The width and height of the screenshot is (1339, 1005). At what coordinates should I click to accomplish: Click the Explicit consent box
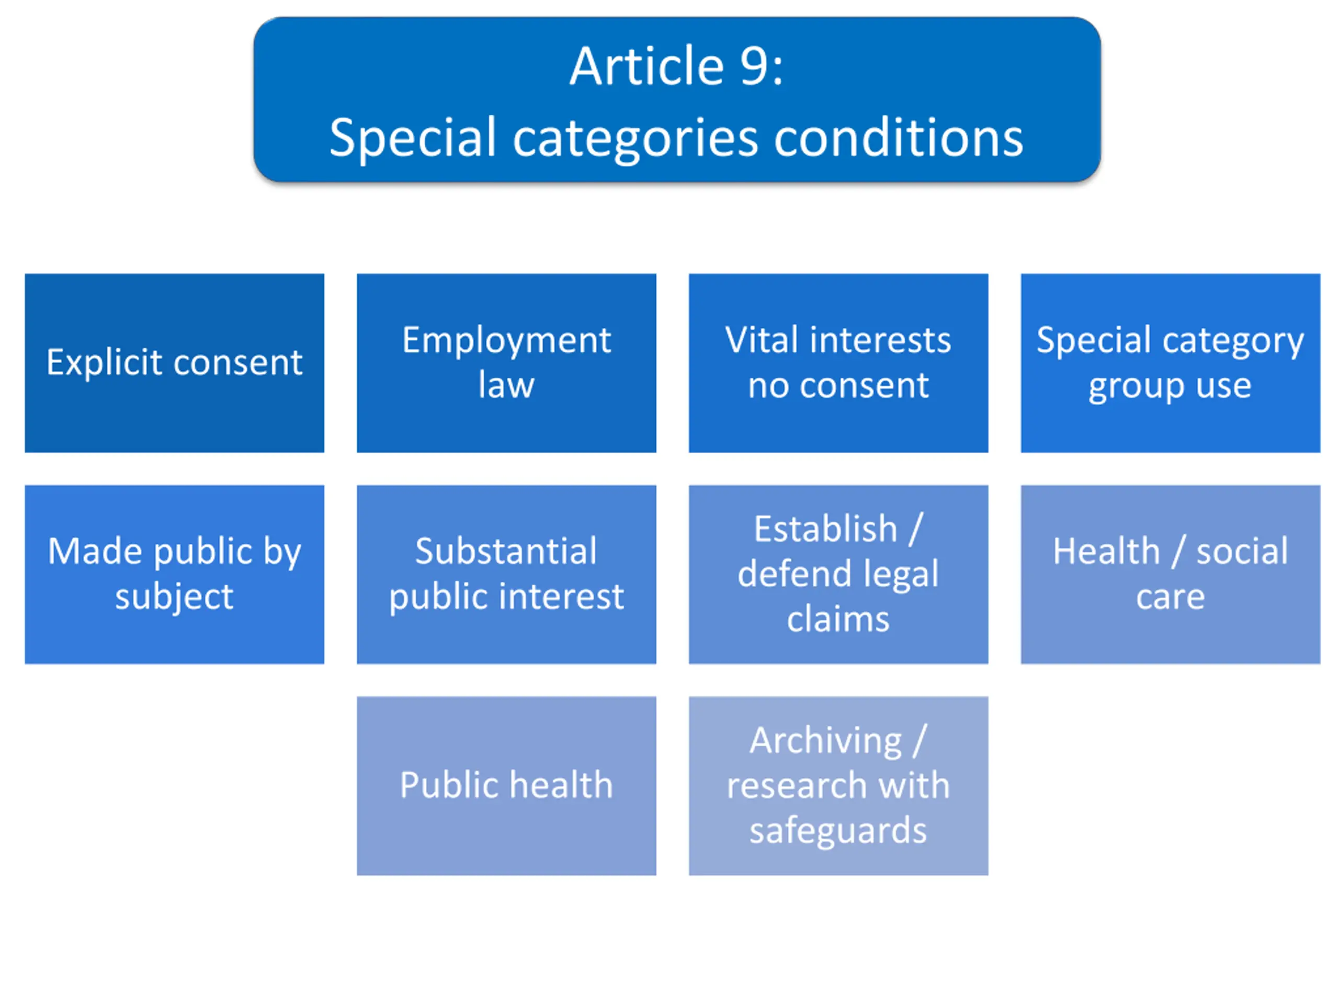tap(174, 363)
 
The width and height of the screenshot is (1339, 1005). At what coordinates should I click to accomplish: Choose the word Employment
tap(507, 340)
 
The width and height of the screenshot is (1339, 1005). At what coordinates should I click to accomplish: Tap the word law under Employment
tap(506, 385)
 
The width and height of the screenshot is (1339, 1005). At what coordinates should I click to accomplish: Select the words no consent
tap(838, 385)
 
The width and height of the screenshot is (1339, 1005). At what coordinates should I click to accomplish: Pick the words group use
tap(1170, 386)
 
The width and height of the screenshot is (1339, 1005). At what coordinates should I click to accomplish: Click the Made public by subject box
tap(174, 574)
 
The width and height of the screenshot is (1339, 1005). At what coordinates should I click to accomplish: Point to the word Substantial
tap(506, 551)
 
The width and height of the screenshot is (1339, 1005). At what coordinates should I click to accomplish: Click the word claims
tap(838, 619)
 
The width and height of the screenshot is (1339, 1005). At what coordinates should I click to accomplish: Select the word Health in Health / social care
tap(1106, 551)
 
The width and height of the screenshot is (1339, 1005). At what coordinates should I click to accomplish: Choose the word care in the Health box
tap(1170, 597)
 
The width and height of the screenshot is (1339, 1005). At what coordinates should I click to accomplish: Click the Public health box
tap(506, 785)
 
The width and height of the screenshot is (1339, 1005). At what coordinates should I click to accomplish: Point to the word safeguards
tap(838, 830)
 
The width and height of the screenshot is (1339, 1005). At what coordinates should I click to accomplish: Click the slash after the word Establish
tap(916, 529)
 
